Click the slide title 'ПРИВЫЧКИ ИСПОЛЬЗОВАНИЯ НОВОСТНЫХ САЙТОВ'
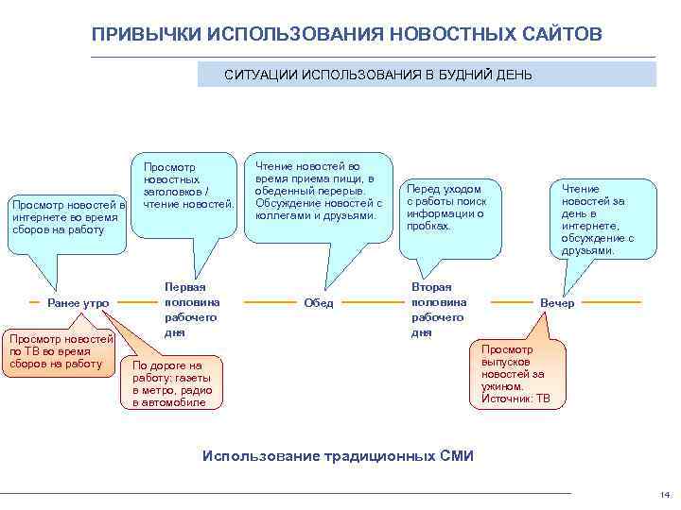pyautogui.click(x=346, y=34)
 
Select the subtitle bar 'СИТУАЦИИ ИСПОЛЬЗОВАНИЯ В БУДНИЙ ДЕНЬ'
pyautogui.click(x=378, y=74)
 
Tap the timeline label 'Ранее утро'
pyautogui.click(x=79, y=303)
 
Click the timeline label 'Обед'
pyautogui.click(x=319, y=303)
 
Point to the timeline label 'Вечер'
pyautogui.click(x=557, y=303)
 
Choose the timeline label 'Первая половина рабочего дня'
pyautogui.click(x=191, y=309)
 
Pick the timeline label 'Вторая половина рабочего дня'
pyautogui.click(x=439, y=309)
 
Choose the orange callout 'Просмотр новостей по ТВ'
pyautogui.click(x=59, y=350)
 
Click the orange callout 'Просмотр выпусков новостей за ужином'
pyautogui.click(x=519, y=374)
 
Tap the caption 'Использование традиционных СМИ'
pyautogui.click(x=339, y=456)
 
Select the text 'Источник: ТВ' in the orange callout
pyautogui.click(x=515, y=399)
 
